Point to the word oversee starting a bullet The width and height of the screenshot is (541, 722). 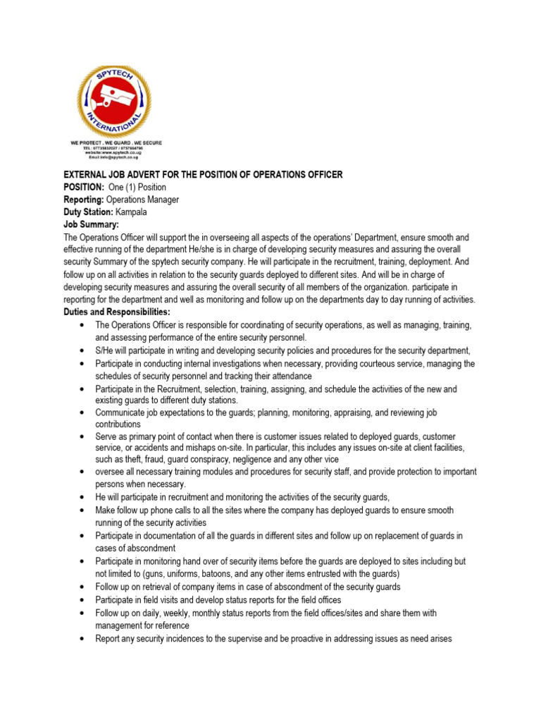pos(110,472)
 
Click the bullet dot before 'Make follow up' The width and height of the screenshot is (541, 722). pos(84,510)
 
